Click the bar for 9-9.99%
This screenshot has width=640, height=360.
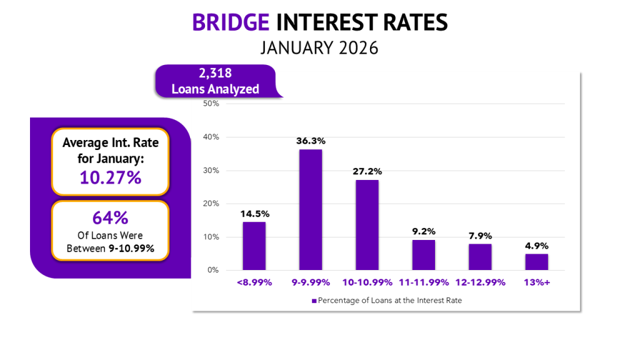(x=311, y=209)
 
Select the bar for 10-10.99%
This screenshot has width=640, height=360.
(x=367, y=225)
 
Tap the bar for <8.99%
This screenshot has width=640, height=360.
(x=254, y=246)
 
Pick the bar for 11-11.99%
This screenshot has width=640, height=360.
(x=423, y=255)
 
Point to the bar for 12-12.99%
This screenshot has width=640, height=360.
(x=480, y=257)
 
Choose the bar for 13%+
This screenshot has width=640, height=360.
(x=536, y=262)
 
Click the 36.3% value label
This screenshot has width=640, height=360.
(x=311, y=141)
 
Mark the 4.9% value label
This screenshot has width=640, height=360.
(x=536, y=246)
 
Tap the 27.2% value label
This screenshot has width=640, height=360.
(x=367, y=171)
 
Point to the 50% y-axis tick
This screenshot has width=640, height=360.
(x=211, y=104)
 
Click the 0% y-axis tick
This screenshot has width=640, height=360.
(x=213, y=271)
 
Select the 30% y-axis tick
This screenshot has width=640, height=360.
(x=211, y=171)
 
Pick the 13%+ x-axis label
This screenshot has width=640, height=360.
(x=536, y=282)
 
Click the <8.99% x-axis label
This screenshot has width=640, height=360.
(x=254, y=282)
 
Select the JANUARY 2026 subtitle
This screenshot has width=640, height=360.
(x=319, y=47)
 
